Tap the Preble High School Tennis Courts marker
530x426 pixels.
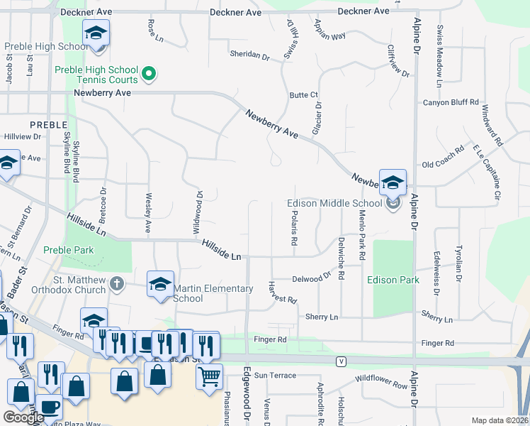[x=150, y=72]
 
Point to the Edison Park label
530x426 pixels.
[x=393, y=280]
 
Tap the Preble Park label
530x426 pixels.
[x=68, y=250]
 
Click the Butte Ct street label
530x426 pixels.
[x=303, y=95]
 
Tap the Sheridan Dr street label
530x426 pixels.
[x=249, y=55]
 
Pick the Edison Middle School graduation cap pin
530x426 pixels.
[x=392, y=182]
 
